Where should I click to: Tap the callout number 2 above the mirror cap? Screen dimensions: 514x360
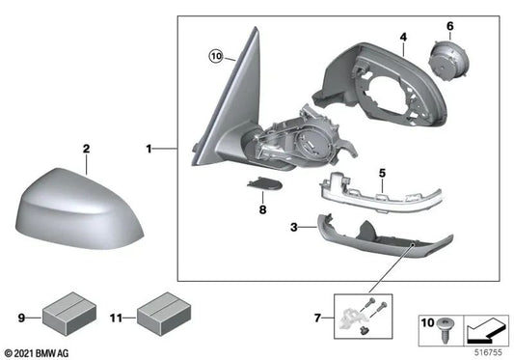(x=86, y=149)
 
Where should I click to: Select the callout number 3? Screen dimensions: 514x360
(x=294, y=227)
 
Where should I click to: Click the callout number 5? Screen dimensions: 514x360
(x=382, y=173)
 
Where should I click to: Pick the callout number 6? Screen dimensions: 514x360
(x=448, y=25)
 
